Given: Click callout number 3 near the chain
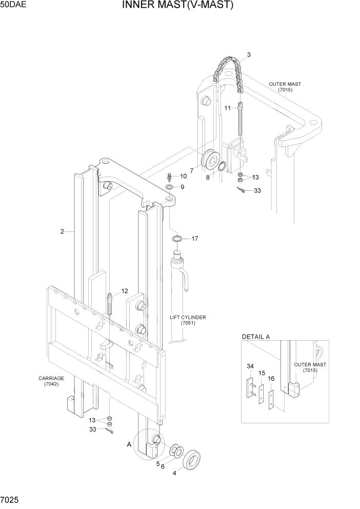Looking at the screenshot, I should (249, 54).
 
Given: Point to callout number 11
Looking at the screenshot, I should (228, 108).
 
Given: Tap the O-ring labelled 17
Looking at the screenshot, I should (177, 239).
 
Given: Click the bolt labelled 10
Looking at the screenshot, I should (169, 178).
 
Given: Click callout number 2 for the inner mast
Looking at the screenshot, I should (62, 231).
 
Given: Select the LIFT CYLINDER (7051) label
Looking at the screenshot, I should (188, 320).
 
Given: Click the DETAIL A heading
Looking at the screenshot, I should (255, 337).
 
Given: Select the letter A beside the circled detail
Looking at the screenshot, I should (129, 445).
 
